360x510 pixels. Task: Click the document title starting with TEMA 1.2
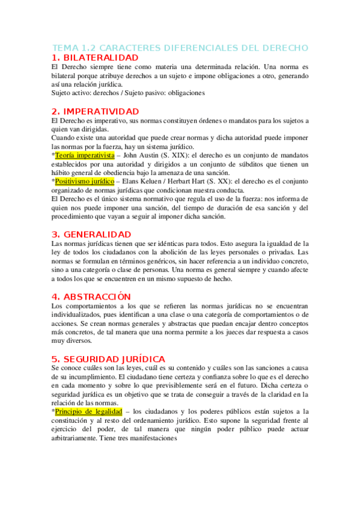point(180,48)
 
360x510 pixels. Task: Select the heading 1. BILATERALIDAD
point(99,57)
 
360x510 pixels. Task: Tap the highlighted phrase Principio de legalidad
point(88,411)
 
